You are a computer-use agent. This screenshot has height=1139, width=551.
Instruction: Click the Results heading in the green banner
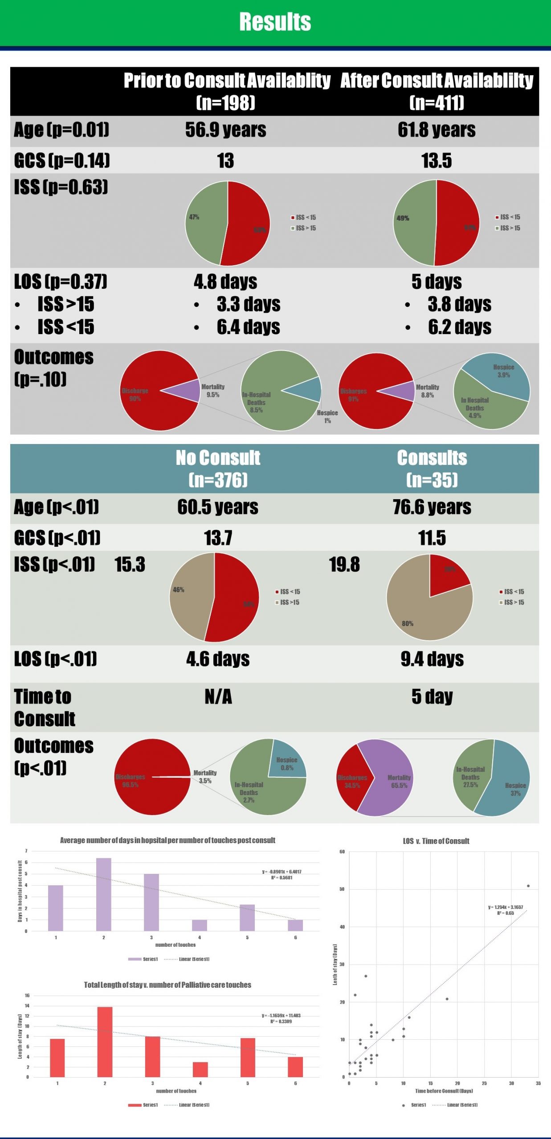coord(275,22)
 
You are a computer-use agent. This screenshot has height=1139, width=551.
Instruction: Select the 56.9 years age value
coord(225,130)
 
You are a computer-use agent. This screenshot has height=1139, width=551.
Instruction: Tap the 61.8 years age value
coord(436,130)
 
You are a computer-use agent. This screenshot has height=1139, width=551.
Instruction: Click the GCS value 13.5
coord(436,161)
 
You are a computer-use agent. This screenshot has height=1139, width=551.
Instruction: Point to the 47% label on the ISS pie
coord(194,217)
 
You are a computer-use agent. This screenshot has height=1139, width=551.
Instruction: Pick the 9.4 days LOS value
coord(432,659)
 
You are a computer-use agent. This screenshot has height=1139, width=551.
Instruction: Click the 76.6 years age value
coord(432,507)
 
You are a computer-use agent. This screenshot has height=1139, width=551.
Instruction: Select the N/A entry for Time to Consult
coord(218,697)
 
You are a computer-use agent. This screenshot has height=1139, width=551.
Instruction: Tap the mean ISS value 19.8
coord(344,565)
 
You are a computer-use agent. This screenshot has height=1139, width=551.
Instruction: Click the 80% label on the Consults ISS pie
coord(407,623)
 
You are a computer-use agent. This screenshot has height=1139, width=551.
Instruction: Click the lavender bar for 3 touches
coord(151,902)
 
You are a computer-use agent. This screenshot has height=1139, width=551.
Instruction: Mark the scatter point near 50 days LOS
coord(528,886)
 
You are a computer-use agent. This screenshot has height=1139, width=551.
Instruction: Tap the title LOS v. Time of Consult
coord(436,841)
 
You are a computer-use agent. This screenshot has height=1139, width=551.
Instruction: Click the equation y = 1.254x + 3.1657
coord(505,907)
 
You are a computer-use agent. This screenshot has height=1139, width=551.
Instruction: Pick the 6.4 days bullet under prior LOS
coord(248,327)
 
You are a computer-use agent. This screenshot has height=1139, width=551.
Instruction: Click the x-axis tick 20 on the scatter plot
coord(457,1083)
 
